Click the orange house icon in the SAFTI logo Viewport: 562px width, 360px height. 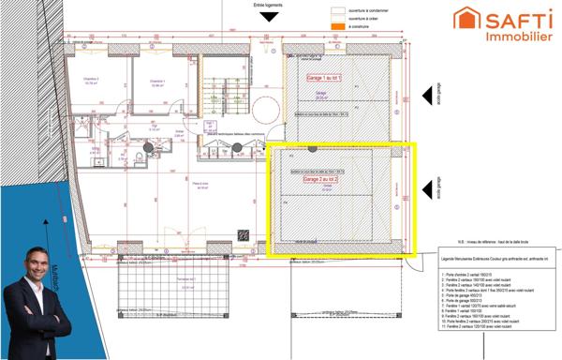tap(468, 18)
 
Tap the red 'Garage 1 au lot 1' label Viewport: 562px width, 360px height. tap(325, 79)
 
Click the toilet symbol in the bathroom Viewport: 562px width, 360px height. tap(138, 155)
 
